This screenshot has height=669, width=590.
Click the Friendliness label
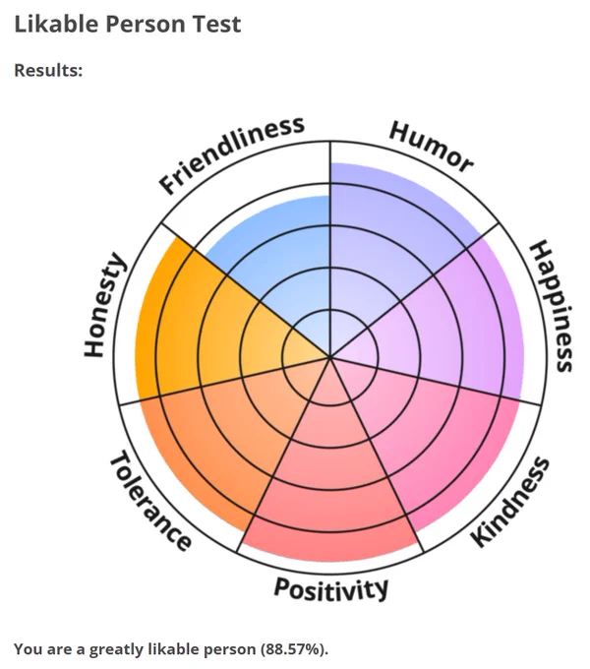[x=231, y=154]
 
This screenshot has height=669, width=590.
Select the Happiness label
[x=551, y=306]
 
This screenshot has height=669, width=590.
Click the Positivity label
[x=330, y=589]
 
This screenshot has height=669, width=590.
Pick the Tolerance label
[x=150, y=500]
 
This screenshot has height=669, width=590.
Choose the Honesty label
[x=104, y=305]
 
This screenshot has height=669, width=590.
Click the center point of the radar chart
[x=330, y=357]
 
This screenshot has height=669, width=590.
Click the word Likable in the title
[x=57, y=24]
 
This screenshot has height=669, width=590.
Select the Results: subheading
[x=48, y=71]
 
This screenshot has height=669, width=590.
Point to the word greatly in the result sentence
[x=115, y=650]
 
